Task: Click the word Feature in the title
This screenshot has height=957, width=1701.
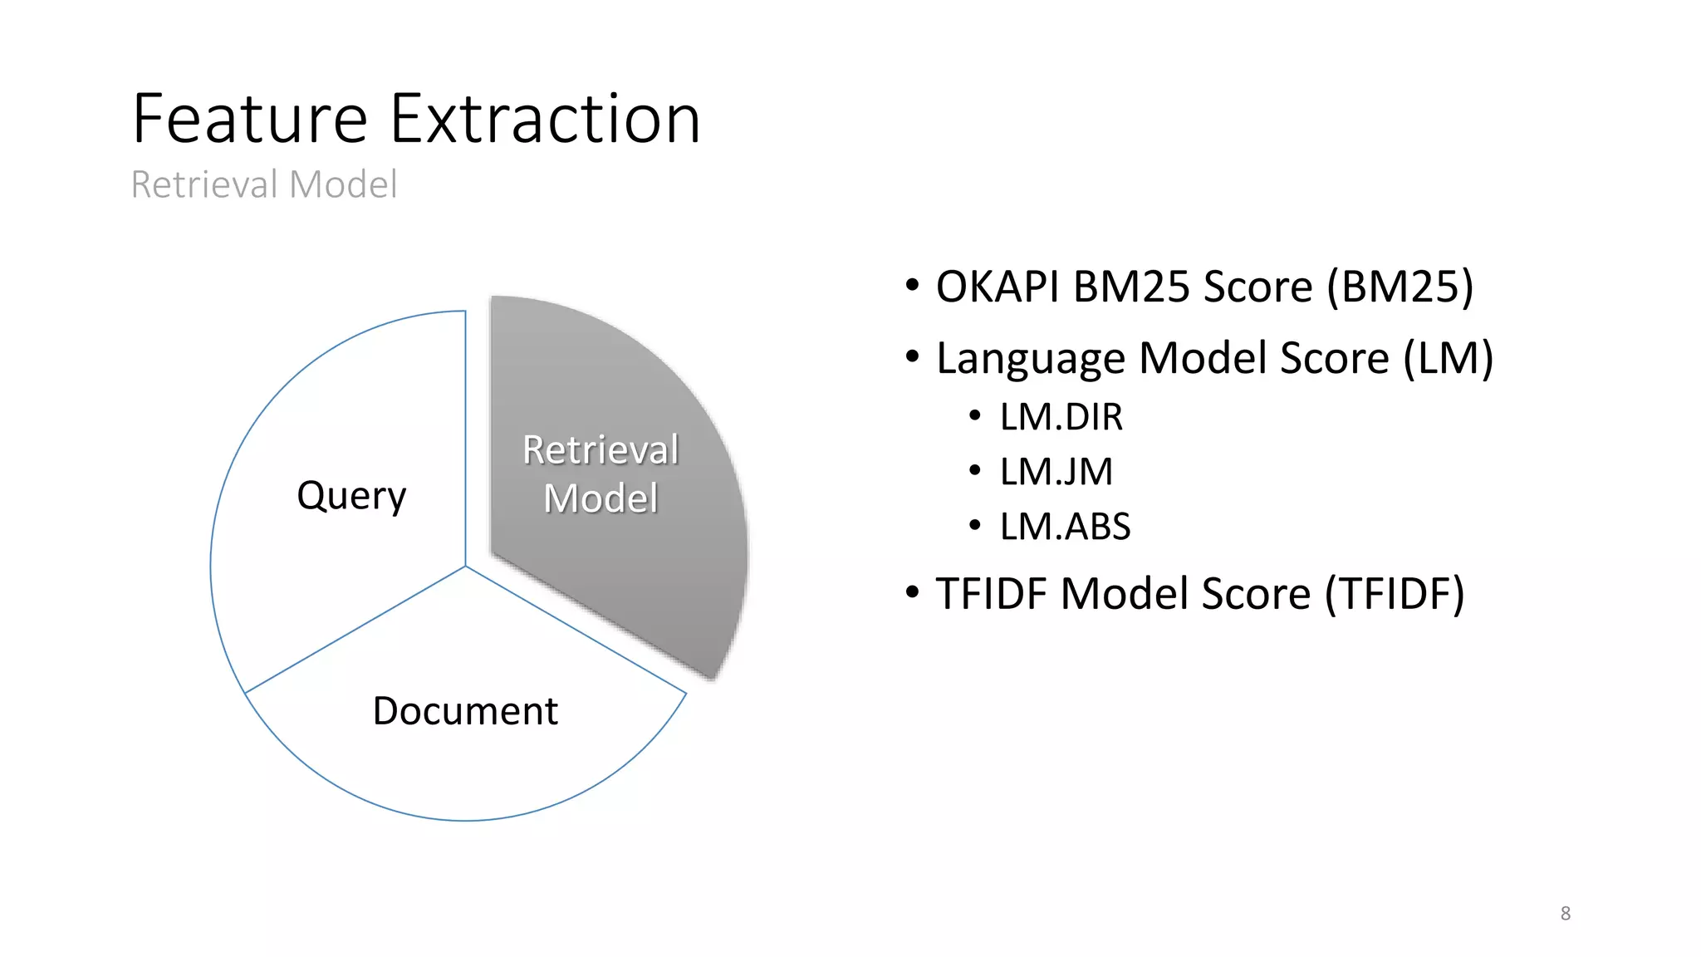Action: [249, 120]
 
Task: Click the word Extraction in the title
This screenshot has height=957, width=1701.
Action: [545, 120]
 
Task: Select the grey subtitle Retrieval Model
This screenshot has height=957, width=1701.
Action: [264, 184]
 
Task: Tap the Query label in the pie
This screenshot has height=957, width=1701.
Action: [351, 496]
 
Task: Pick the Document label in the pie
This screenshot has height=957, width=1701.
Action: [465, 711]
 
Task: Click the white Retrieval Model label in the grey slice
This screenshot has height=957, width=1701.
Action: [600, 474]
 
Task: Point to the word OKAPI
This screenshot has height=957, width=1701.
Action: [998, 287]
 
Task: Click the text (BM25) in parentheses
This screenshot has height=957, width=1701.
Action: [1400, 287]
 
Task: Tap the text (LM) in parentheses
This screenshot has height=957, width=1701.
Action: [1448, 359]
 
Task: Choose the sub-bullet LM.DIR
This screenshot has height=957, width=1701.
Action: [1061, 417]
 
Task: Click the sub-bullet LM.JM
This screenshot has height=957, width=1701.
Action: [1056, 472]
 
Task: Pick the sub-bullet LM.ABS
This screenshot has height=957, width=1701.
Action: [1065, 527]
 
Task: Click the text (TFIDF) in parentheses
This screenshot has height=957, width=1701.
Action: [1395, 594]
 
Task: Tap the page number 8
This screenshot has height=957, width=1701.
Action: [1565, 914]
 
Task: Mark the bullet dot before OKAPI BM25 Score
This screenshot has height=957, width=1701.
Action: [913, 286]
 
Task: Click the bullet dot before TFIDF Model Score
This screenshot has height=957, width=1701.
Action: [913, 593]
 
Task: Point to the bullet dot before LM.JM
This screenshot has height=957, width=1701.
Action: [975, 471]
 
